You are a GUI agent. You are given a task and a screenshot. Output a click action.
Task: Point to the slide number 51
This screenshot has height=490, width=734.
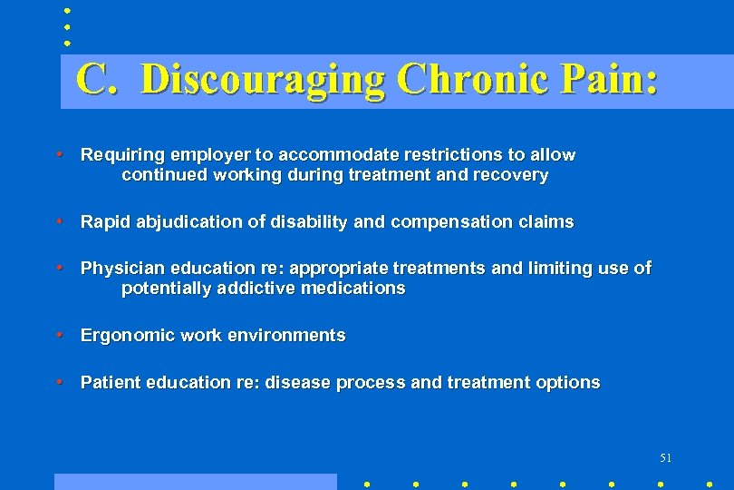click(x=666, y=457)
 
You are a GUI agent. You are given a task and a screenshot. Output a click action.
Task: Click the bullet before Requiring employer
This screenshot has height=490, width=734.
click(x=59, y=154)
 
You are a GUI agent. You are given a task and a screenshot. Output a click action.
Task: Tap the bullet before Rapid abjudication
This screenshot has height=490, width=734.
click(x=59, y=221)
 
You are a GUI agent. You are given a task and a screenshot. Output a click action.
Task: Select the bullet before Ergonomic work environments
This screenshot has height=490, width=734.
click(x=59, y=335)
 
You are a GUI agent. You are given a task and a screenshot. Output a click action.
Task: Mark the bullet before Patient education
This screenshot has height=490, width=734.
click(x=59, y=382)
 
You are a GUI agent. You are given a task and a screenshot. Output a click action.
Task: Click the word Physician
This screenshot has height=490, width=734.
click(x=117, y=269)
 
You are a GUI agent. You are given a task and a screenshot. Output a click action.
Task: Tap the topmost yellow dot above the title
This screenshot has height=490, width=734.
click(x=67, y=12)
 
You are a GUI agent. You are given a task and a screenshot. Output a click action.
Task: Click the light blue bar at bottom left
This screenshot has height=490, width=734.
click(x=195, y=482)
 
